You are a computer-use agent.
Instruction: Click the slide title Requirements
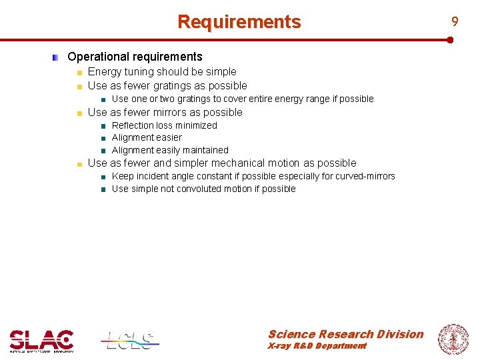click(x=239, y=22)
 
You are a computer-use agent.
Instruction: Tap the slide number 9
click(x=455, y=22)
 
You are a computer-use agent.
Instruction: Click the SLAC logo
click(x=41, y=340)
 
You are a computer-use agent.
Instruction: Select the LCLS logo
click(x=130, y=340)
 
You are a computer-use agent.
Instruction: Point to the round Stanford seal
click(x=453, y=339)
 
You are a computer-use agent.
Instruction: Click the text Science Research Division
click(x=345, y=334)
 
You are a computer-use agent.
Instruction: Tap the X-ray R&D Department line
click(x=317, y=346)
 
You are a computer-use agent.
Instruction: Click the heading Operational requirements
click(x=135, y=57)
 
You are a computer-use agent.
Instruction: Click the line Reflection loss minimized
click(x=164, y=125)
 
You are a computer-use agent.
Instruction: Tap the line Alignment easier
click(x=147, y=138)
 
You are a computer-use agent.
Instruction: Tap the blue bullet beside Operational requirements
click(x=57, y=58)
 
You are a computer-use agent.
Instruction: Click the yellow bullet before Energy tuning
click(x=79, y=73)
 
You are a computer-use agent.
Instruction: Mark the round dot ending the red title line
click(x=451, y=40)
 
